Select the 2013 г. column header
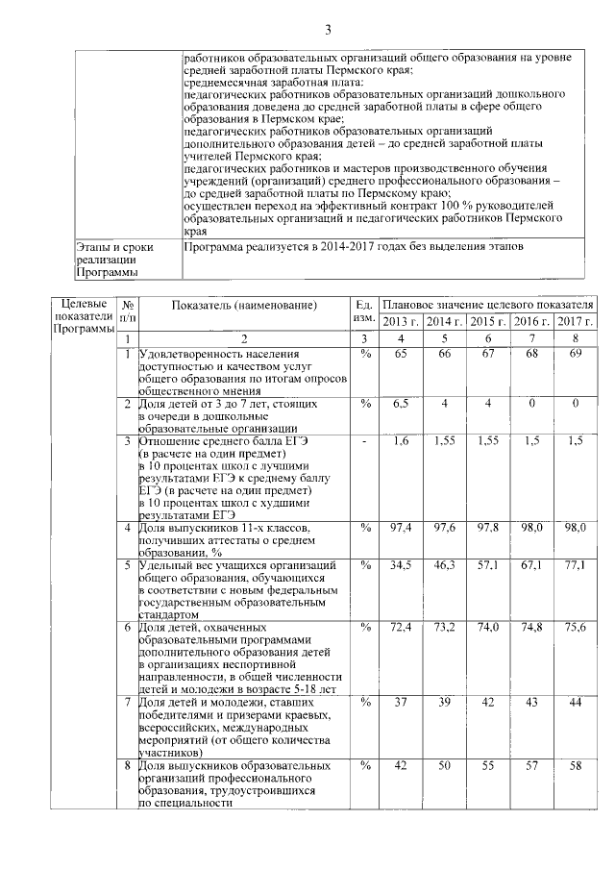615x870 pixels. point(401,320)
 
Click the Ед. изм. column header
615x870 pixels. point(364,311)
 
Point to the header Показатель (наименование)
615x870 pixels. point(244,305)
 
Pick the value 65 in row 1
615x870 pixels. point(401,355)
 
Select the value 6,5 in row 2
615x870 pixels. point(401,404)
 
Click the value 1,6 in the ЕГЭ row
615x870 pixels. point(401,440)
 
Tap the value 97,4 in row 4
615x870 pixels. point(401,528)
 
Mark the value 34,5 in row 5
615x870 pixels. point(401,564)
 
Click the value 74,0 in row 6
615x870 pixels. point(488,628)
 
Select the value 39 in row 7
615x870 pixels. point(445,702)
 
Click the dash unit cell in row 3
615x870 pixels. point(364,440)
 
